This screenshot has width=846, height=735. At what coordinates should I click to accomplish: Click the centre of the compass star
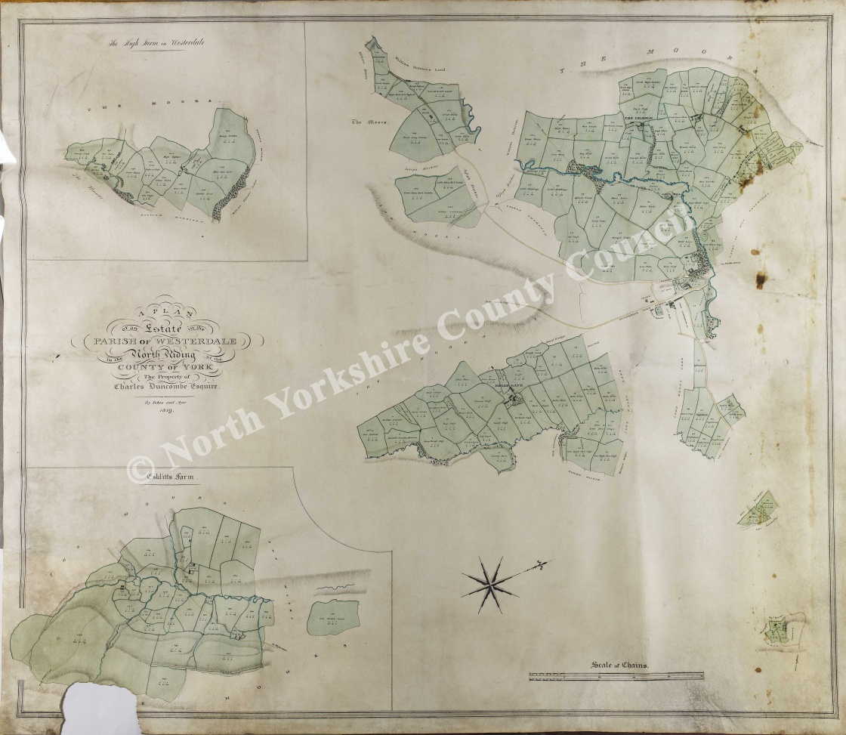click(490, 584)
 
